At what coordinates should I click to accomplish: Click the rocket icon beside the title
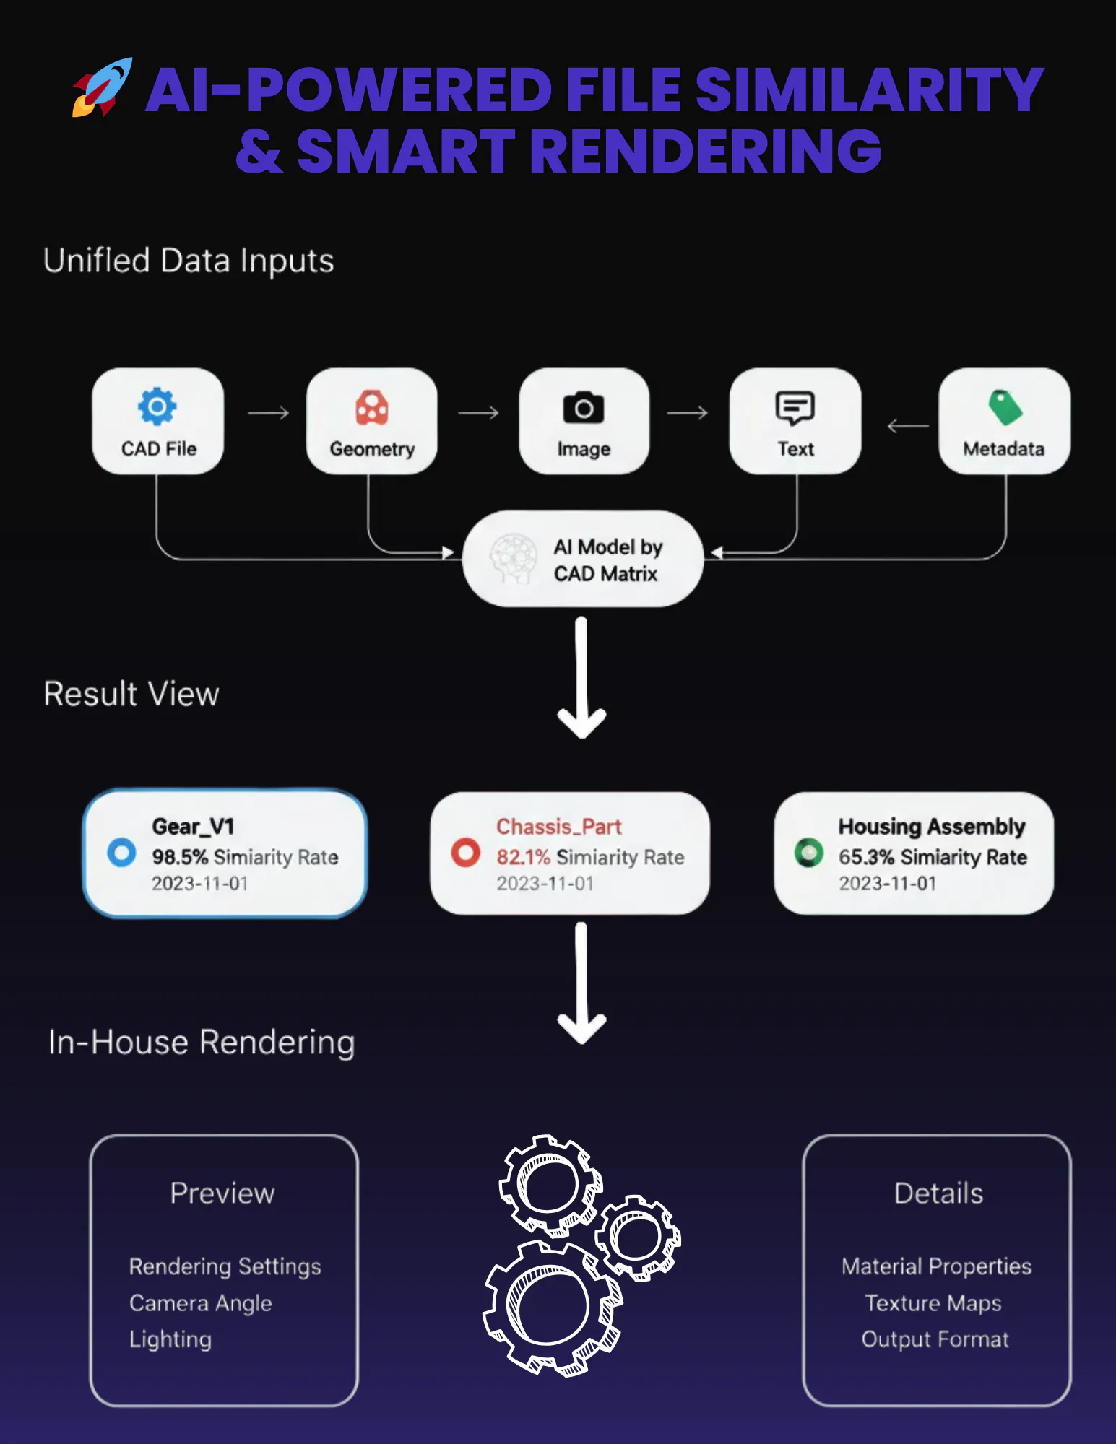102,87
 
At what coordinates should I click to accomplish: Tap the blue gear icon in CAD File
157,406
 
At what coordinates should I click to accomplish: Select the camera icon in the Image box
584,408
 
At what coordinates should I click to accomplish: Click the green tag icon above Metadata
1005,406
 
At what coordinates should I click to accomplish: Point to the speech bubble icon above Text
795,408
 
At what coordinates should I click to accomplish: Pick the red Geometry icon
372,408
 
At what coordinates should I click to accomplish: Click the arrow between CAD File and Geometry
269,413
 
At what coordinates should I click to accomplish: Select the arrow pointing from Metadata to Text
908,426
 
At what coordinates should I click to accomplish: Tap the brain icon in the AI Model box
514,559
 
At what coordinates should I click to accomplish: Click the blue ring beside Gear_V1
121,853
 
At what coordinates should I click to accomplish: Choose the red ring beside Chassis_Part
466,853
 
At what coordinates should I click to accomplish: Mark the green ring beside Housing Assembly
809,853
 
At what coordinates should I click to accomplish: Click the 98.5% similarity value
180,857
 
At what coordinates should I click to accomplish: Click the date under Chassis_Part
545,884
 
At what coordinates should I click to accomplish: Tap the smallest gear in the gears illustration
638,1238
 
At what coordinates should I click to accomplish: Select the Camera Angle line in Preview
201,1303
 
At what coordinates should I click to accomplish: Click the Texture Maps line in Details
933,1303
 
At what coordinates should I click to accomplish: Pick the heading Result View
131,694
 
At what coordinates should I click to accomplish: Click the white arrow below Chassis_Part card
582,983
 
